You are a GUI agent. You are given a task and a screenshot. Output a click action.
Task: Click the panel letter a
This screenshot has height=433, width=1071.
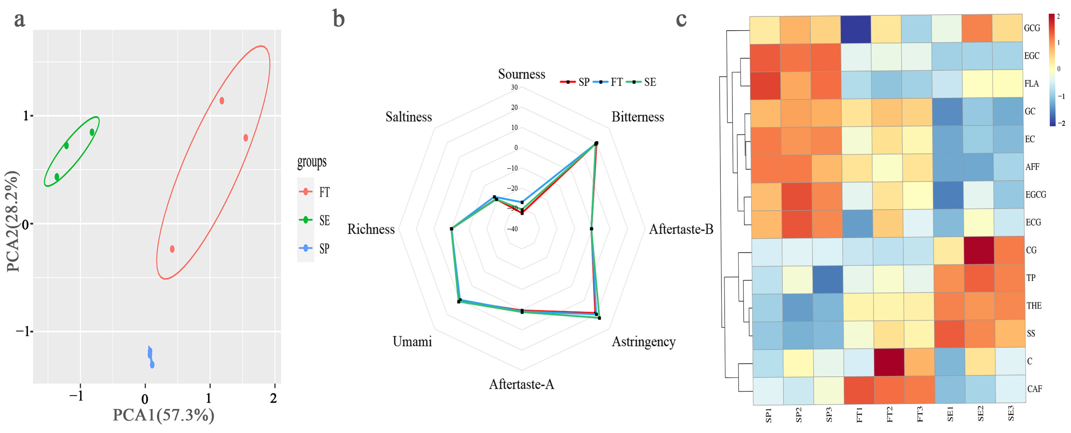coord(20,20)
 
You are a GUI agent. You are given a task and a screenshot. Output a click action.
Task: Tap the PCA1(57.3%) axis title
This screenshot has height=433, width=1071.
coord(163,415)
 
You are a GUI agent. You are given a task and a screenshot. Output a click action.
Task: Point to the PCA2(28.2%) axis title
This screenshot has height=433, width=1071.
coord(13,221)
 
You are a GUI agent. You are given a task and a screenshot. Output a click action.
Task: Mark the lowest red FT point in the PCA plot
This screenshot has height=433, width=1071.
coord(172,249)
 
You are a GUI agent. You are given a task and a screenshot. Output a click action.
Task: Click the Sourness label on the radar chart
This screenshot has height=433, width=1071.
coord(521,74)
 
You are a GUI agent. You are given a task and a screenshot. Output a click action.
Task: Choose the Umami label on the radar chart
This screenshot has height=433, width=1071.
coord(412,342)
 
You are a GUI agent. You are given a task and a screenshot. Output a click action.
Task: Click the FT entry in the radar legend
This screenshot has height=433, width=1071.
coord(611,82)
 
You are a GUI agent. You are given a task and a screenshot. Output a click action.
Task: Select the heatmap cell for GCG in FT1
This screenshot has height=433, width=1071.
coord(856,30)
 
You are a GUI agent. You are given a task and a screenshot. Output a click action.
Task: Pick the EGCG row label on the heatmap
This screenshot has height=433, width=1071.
coord(1035,195)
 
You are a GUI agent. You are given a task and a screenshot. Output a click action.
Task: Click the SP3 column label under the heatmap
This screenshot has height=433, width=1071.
coord(828,415)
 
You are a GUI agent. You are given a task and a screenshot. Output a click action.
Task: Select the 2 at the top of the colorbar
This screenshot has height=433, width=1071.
coord(1058,17)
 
